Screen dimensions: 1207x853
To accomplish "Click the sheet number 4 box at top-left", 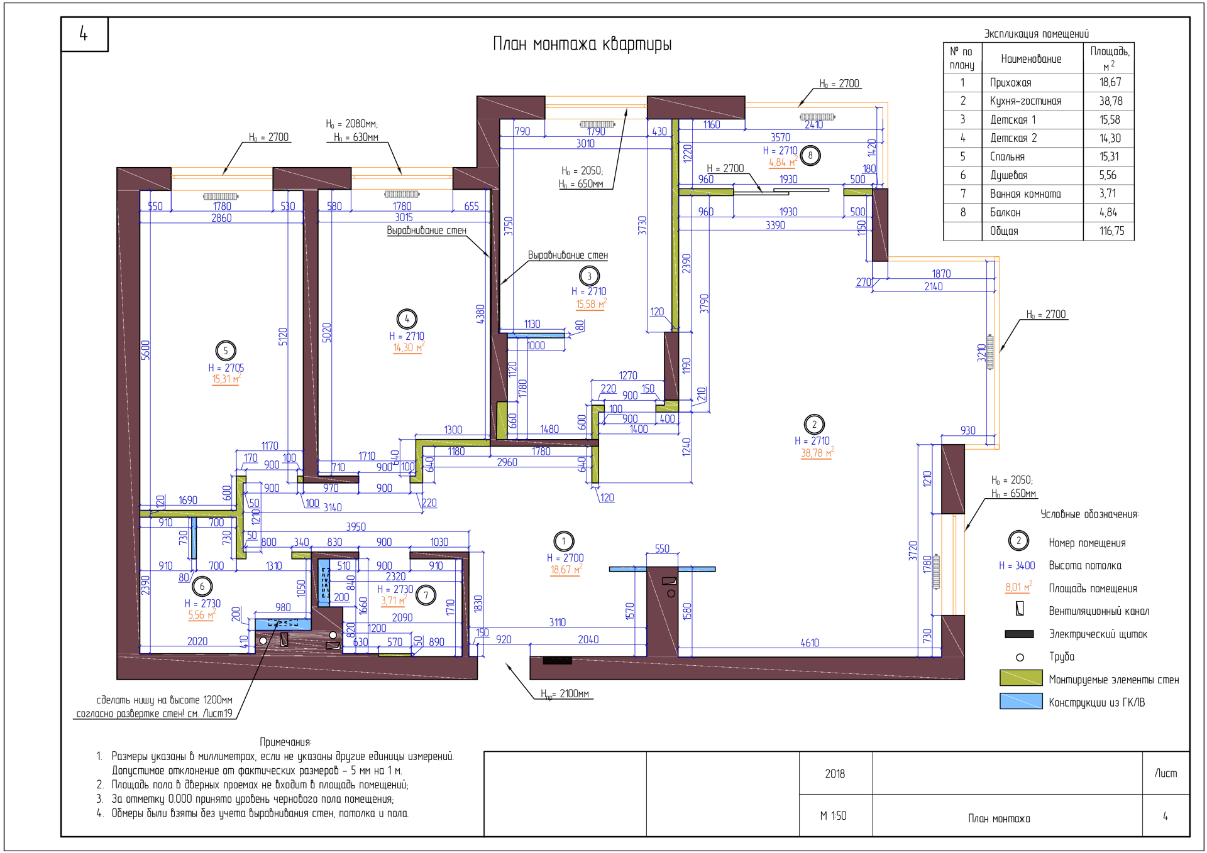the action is pyautogui.click(x=84, y=34).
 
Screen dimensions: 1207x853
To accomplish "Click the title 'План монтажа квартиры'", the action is pyautogui.click(x=582, y=44).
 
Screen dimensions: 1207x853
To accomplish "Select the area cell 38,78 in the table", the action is pyautogui.click(x=1111, y=101).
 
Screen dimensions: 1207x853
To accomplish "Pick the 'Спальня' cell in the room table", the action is pyautogui.click(x=1007, y=157).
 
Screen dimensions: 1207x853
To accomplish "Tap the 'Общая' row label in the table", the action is pyautogui.click(x=1004, y=231).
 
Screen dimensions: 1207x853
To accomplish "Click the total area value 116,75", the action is pyautogui.click(x=1111, y=231).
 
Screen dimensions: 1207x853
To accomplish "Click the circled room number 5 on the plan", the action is pyautogui.click(x=226, y=350).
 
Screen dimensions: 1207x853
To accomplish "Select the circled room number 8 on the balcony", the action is pyautogui.click(x=810, y=155).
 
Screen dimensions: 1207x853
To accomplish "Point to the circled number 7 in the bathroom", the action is pyautogui.click(x=426, y=595).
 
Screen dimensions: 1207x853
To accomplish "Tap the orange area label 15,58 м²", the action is pyautogui.click(x=591, y=304).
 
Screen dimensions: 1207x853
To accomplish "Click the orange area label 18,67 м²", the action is pyautogui.click(x=566, y=570).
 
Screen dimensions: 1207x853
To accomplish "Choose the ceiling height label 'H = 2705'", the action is pyautogui.click(x=226, y=368).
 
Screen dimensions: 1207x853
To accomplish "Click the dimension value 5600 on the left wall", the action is pyautogui.click(x=145, y=350).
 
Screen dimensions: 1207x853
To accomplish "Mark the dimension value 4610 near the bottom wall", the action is pyautogui.click(x=810, y=643).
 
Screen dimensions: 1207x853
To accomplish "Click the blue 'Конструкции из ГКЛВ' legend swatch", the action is pyautogui.click(x=1021, y=701).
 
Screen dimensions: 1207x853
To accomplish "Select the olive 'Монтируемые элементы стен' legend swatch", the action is pyautogui.click(x=1021, y=678).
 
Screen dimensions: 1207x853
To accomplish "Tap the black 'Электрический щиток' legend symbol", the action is pyautogui.click(x=1019, y=634).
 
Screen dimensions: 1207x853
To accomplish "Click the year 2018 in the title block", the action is pyautogui.click(x=835, y=774).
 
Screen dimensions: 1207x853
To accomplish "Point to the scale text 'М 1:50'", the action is pyautogui.click(x=833, y=816).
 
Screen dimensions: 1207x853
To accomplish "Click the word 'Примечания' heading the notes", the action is pyautogui.click(x=285, y=742).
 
